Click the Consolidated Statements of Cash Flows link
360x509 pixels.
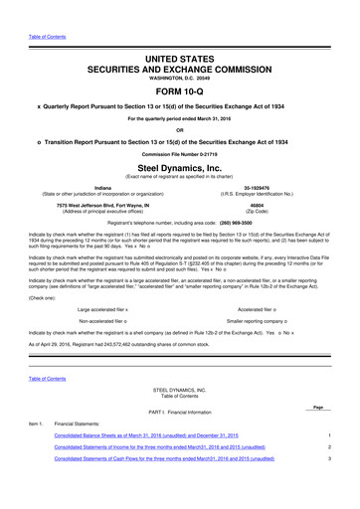point(179,459)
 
